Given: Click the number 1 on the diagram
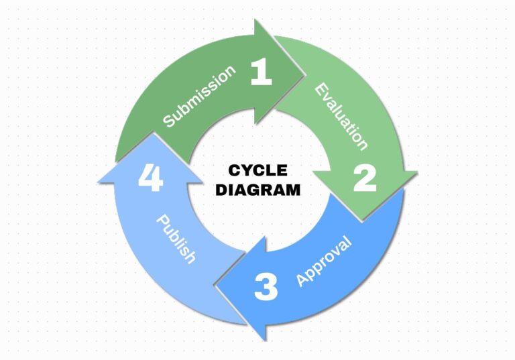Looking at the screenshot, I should click(262, 73).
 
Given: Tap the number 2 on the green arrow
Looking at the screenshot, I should click(364, 178).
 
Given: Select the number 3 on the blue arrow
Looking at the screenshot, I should click(266, 288).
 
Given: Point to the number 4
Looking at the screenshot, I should click(150, 180).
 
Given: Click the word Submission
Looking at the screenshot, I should click(200, 97).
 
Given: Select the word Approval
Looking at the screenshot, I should click(324, 261).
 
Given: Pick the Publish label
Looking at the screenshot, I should click(176, 239).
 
